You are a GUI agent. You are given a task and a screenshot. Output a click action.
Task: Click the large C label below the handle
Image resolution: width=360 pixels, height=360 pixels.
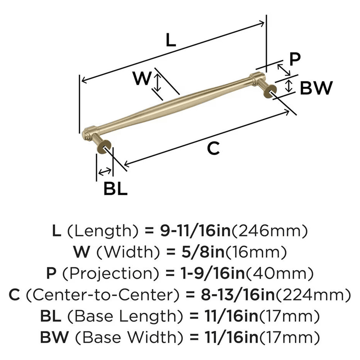pyautogui.click(x=213, y=148)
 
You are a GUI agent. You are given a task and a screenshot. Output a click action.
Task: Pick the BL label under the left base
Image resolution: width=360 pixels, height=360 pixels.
pyautogui.click(x=116, y=189)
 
